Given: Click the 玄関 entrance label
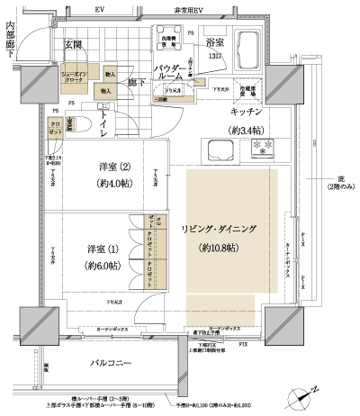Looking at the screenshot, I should click(73, 44).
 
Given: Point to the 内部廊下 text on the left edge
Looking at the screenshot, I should click(9, 33).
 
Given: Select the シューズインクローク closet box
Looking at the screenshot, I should click(74, 78).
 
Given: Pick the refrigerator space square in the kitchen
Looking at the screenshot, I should click(250, 91).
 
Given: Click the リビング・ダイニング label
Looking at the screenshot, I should click(220, 231).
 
